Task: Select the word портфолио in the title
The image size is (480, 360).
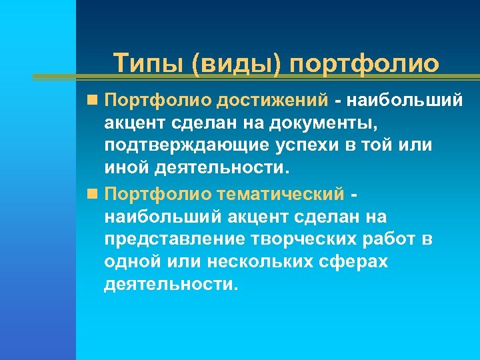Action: [x=365, y=64]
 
